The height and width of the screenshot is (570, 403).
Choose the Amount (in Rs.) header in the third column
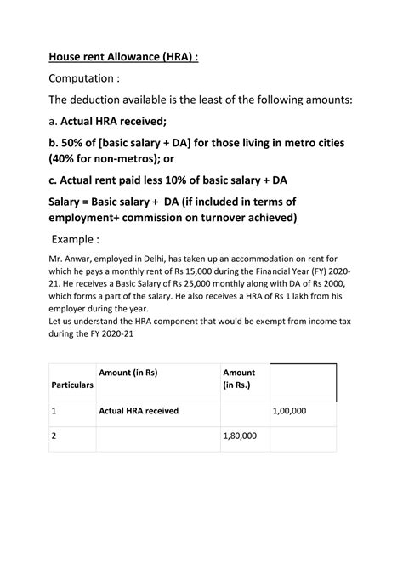pyautogui.click(x=240, y=379)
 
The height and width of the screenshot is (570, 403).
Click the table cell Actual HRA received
pyautogui.click(x=139, y=411)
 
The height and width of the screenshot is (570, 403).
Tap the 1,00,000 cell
pyautogui.click(x=290, y=411)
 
